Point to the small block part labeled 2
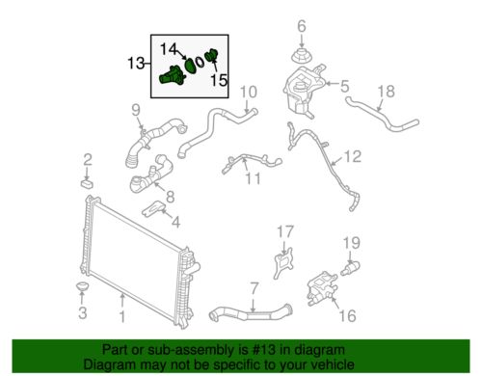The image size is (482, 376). (87, 180)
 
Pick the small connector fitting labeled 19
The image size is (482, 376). (352, 266)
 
